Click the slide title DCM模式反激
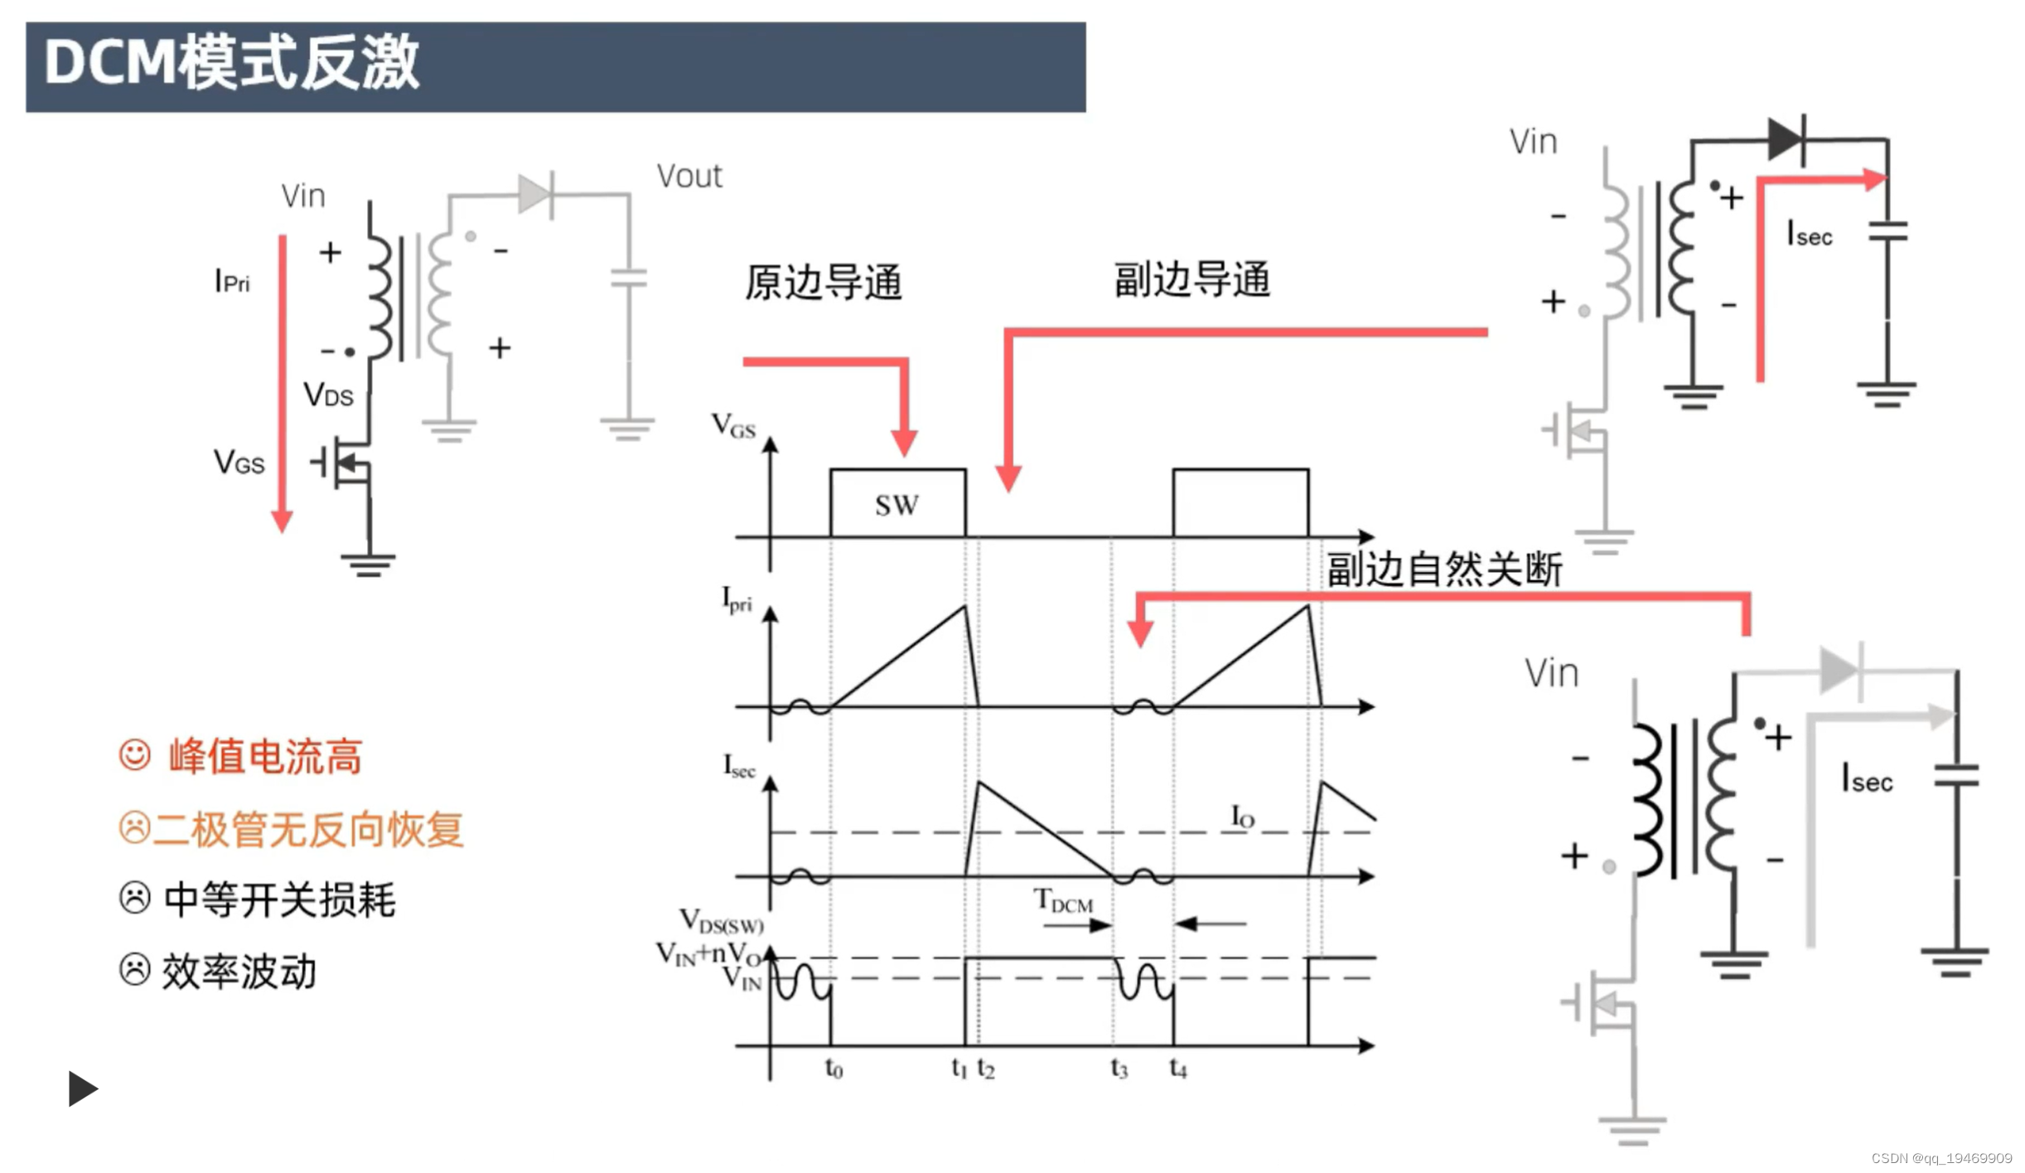[232, 63]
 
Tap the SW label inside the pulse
[897, 505]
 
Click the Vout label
[689, 177]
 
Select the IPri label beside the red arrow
[232, 282]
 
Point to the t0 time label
[834, 1069]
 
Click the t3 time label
[1119, 1069]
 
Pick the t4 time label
[1177, 1069]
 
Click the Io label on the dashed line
[1242, 817]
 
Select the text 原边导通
[823, 283]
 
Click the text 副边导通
[1191, 279]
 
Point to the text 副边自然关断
[1444, 570]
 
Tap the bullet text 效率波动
[239, 972]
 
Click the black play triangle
[82, 1088]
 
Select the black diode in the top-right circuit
[1786, 138]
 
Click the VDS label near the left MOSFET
[328, 395]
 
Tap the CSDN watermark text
[1940, 1158]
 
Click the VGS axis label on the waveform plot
[733, 426]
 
